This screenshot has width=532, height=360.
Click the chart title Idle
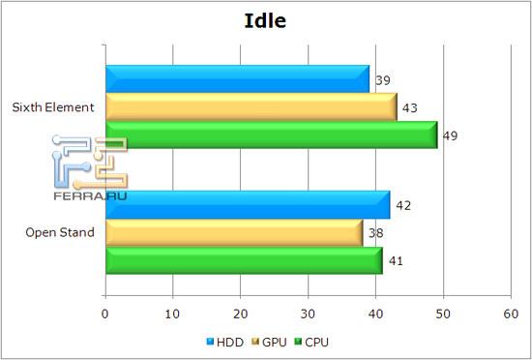[x=266, y=20]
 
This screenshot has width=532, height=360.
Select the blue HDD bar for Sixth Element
[x=237, y=79]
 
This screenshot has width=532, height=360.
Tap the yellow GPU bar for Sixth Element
[x=250, y=107]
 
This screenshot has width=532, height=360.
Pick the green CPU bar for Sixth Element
[x=271, y=135]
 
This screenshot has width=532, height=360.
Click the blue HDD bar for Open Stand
[x=247, y=205]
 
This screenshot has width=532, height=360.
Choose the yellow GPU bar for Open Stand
[x=233, y=233]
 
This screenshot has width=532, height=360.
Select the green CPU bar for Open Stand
[x=243, y=261]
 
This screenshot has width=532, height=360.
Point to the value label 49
[x=450, y=135]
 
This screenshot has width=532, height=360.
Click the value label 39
[x=382, y=79]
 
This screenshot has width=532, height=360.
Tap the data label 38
[x=375, y=233]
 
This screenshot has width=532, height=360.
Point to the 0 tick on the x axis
[x=105, y=314]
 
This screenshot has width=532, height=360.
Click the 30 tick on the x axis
[x=309, y=314]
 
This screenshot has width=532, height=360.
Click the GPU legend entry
[x=270, y=342]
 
